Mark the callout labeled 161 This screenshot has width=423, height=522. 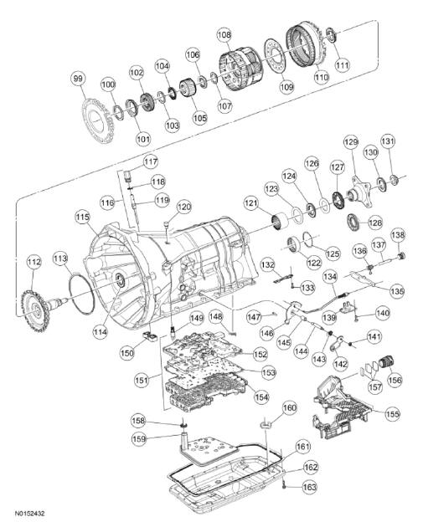pyautogui.click(x=302, y=448)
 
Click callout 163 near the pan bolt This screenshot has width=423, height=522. pyautogui.click(x=310, y=486)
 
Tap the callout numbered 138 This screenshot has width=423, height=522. pyautogui.click(x=398, y=235)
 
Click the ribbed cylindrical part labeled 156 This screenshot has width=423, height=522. pyautogui.click(x=386, y=367)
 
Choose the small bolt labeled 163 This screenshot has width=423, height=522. pyautogui.click(x=285, y=484)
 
